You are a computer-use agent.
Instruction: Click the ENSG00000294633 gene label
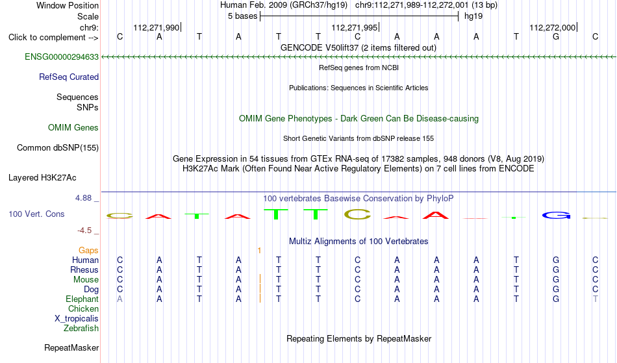(x=62, y=57)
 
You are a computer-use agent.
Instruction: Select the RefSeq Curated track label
(x=69, y=77)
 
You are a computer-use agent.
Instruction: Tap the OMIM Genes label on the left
(x=73, y=128)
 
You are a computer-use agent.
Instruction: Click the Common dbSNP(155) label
(x=58, y=148)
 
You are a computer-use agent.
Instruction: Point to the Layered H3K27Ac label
(x=42, y=178)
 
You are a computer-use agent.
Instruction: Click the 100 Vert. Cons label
(x=36, y=214)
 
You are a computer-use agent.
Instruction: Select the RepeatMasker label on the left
(x=71, y=347)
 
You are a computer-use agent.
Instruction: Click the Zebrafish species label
(x=81, y=329)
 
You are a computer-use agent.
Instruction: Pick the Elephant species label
(x=82, y=299)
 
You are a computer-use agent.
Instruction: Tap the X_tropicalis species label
(x=77, y=319)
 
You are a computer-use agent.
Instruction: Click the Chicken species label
(x=83, y=309)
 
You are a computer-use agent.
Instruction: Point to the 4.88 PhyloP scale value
(x=83, y=198)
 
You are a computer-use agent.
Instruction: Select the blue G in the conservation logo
(x=556, y=215)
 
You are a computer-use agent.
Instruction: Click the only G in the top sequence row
(x=555, y=37)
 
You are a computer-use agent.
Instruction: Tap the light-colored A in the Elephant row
(x=120, y=299)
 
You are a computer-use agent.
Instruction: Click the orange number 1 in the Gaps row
(x=259, y=251)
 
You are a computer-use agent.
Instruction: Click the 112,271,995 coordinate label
(x=354, y=27)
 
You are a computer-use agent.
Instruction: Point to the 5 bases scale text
(x=242, y=16)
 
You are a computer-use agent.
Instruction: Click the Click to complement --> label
(x=53, y=38)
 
